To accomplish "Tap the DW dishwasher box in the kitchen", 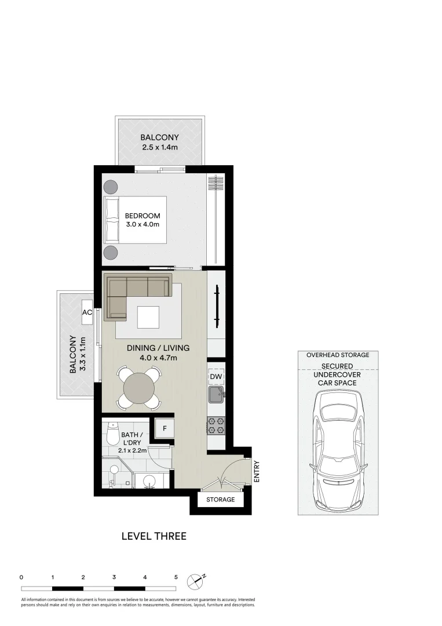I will coord(215,377).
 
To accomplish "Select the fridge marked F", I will coord(165,429).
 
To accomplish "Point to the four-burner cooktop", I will coord(216,426).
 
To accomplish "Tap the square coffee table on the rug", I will coord(148,316).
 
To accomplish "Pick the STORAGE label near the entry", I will coord(221,500).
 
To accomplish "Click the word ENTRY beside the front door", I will coord(257,471).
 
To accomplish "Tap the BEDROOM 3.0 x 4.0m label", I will coord(143,220).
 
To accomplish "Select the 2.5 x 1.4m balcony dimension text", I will coord(159,148).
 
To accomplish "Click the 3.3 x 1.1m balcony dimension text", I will coord(82,355).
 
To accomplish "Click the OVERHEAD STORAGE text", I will coord(338,355).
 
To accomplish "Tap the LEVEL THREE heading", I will coord(154,536).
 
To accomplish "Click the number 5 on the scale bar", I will coord(176,577).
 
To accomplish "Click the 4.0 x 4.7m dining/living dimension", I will coord(158,358).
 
